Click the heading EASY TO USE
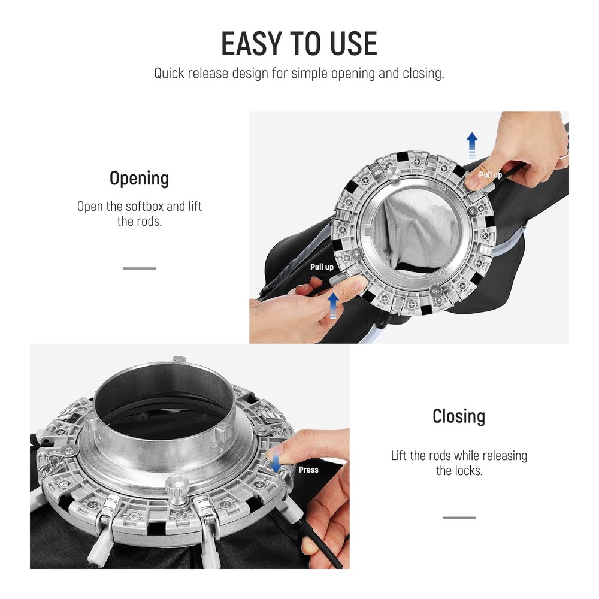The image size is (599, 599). click(x=299, y=44)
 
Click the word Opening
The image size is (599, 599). click(x=139, y=179)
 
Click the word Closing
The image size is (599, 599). click(x=459, y=416)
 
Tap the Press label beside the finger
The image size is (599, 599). click(x=308, y=470)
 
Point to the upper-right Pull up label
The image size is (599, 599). click(x=490, y=174)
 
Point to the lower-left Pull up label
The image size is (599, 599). click(x=322, y=267)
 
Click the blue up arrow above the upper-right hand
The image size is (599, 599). click(x=472, y=145)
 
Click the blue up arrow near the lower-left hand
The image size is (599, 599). click(x=333, y=305)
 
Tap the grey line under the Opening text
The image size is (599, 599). click(x=140, y=268)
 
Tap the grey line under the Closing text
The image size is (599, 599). click(x=459, y=518)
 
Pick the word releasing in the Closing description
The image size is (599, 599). click(x=504, y=456)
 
